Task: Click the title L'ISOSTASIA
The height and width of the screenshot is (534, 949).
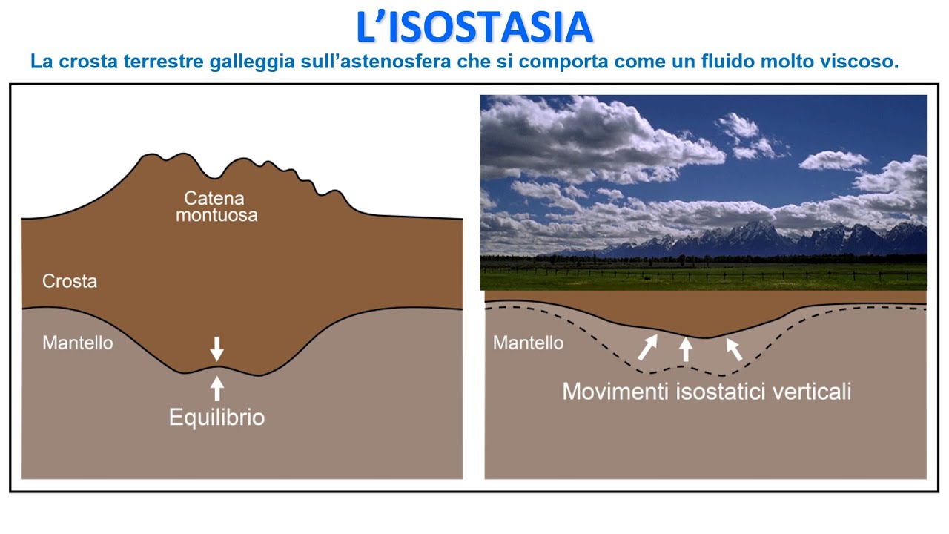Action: pos(474,27)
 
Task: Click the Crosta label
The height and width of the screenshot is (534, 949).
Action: pos(70,282)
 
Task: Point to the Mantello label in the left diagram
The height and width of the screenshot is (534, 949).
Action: pos(78,343)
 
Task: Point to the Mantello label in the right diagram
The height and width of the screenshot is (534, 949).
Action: pos(528,343)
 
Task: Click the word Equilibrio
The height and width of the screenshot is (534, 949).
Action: pos(216,418)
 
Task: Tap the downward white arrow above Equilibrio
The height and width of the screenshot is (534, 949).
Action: pos(216,348)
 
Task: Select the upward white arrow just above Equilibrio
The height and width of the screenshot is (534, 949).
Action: pos(216,387)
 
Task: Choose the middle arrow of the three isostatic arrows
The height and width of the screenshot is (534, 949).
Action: pos(686,349)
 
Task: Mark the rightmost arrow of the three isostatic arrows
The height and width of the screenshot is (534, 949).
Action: pos(734,349)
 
